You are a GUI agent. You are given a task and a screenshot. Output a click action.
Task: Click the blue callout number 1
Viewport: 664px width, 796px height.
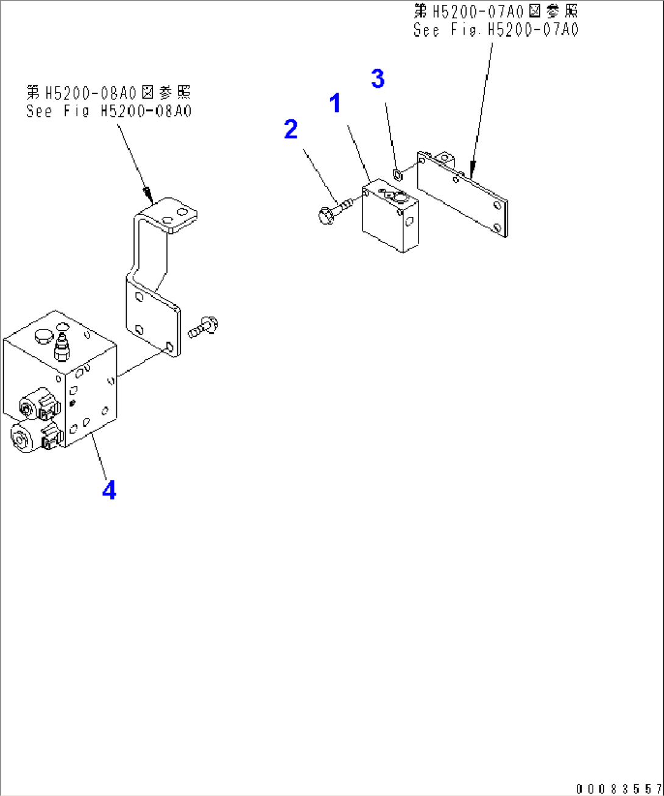point(335,104)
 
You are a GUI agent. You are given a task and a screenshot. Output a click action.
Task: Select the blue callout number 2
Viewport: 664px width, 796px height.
point(291,129)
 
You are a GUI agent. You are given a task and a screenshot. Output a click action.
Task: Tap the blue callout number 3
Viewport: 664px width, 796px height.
point(378,79)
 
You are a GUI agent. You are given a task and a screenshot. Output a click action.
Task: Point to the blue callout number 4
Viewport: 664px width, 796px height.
point(109,490)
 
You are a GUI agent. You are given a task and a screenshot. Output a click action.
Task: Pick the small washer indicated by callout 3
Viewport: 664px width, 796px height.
point(397,175)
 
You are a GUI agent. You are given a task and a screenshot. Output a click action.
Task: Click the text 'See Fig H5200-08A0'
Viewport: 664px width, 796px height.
point(108,111)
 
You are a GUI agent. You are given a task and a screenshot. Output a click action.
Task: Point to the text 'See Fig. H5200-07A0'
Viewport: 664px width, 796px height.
point(496,29)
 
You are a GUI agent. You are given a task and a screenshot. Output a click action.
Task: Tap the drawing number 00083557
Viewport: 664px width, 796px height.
point(619,789)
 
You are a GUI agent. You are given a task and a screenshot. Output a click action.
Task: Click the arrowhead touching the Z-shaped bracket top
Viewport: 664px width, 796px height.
point(147,194)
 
